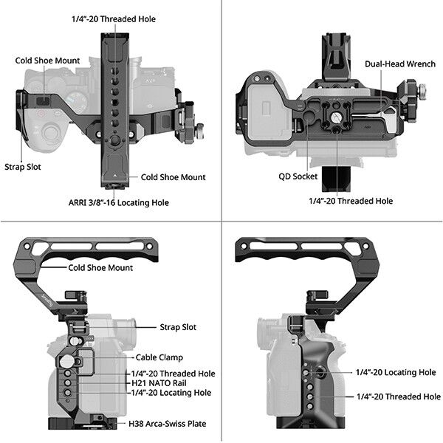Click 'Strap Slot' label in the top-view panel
pos(22,167)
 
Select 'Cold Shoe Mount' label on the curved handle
pos(100,268)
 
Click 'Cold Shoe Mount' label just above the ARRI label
pos(173,177)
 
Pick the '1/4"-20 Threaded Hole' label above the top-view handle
pos(124,18)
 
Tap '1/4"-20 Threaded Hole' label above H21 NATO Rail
pos(174,374)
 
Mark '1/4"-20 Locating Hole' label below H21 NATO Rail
pos(171,393)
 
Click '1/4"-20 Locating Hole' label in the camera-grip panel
pos(396,372)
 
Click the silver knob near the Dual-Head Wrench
pos(426,93)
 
